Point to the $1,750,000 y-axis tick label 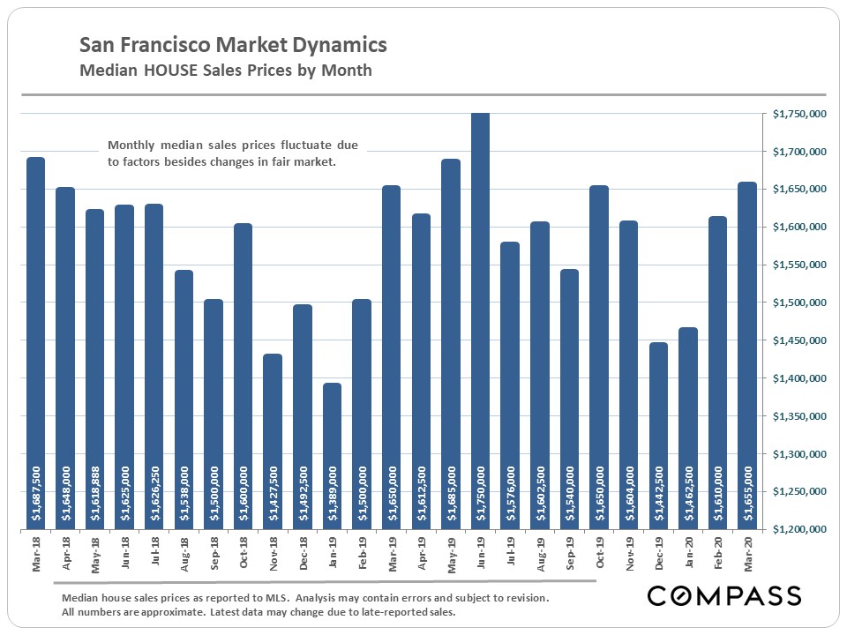798,114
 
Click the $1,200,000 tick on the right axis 798,530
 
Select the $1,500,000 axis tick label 798,303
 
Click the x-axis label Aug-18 184,557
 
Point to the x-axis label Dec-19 657,557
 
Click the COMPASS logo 723,595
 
